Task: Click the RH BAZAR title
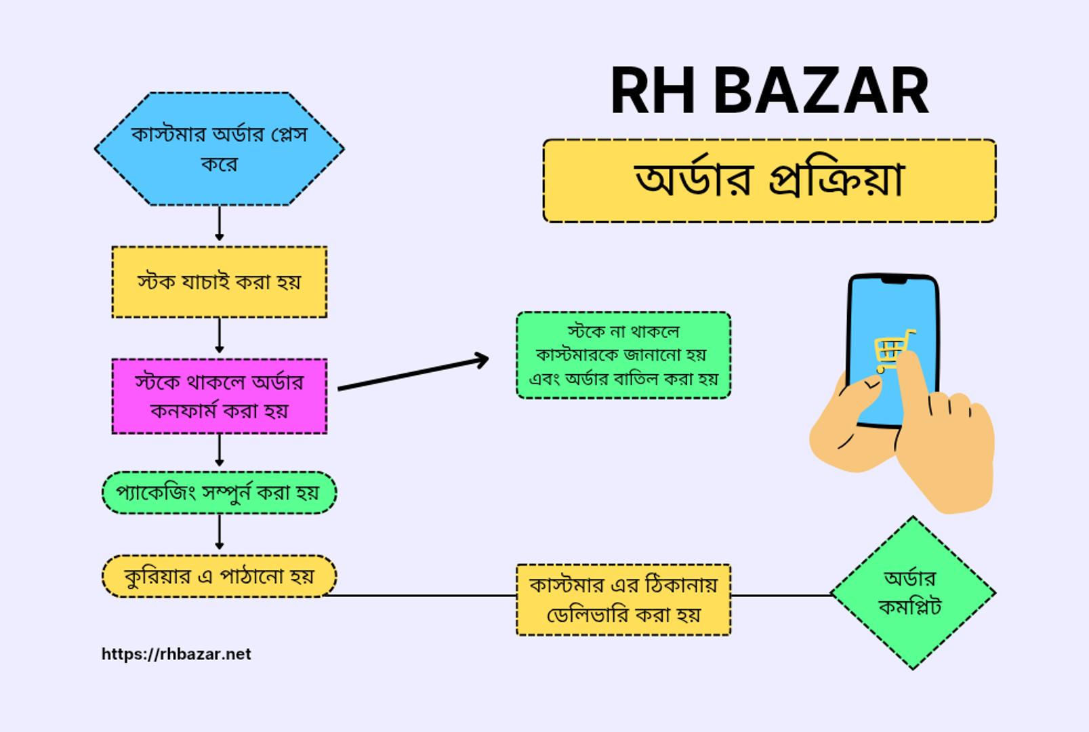(770, 90)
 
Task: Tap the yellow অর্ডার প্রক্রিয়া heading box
(770, 181)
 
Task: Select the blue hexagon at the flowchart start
(220, 149)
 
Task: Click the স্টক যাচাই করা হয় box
(220, 282)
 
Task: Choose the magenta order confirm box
(220, 396)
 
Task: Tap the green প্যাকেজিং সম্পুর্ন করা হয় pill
(220, 493)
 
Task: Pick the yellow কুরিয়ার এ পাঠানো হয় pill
(220, 576)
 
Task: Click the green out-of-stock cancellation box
(623, 355)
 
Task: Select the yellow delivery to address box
(623, 600)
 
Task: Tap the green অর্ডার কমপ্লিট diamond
(913, 593)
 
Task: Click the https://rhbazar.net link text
(176, 654)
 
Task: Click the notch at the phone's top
(894, 281)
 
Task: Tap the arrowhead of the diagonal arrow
(482, 361)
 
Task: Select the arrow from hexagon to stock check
(220, 223)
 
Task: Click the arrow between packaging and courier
(220, 532)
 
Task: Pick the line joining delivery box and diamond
(781, 595)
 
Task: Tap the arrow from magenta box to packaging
(220, 451)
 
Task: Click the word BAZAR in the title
(821, 90)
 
